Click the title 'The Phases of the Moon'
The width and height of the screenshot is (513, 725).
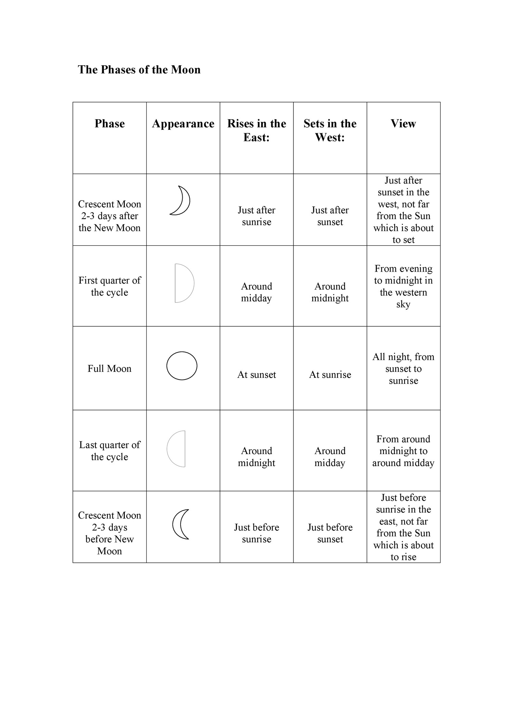(139, 70)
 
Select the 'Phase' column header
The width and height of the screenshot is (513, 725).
(109, 123)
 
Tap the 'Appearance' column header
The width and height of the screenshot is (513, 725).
(183, 123)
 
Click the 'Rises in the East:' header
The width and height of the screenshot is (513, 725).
(256, 130)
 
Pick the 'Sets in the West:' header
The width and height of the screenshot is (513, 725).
(330, 130)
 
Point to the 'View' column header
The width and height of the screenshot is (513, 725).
(403, 123)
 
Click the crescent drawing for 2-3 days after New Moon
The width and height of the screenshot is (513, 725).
(181, 201)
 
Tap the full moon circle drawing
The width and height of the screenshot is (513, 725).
(182, 366)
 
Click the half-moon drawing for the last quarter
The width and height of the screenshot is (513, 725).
(177, 449)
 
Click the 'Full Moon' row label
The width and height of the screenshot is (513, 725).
(109, 369)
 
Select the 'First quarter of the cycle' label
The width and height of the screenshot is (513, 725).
(109, 286)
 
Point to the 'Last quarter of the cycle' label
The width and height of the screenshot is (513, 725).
(109, 451)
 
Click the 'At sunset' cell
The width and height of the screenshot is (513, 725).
(256, 374)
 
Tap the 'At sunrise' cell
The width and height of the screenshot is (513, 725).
(330, 374)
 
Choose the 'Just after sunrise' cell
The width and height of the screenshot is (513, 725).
(256, 216)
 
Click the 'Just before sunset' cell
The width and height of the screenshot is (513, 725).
(330, 533)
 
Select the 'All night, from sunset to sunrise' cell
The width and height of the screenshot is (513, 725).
(403, 369)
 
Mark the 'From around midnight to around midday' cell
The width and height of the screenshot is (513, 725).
(403, 451)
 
